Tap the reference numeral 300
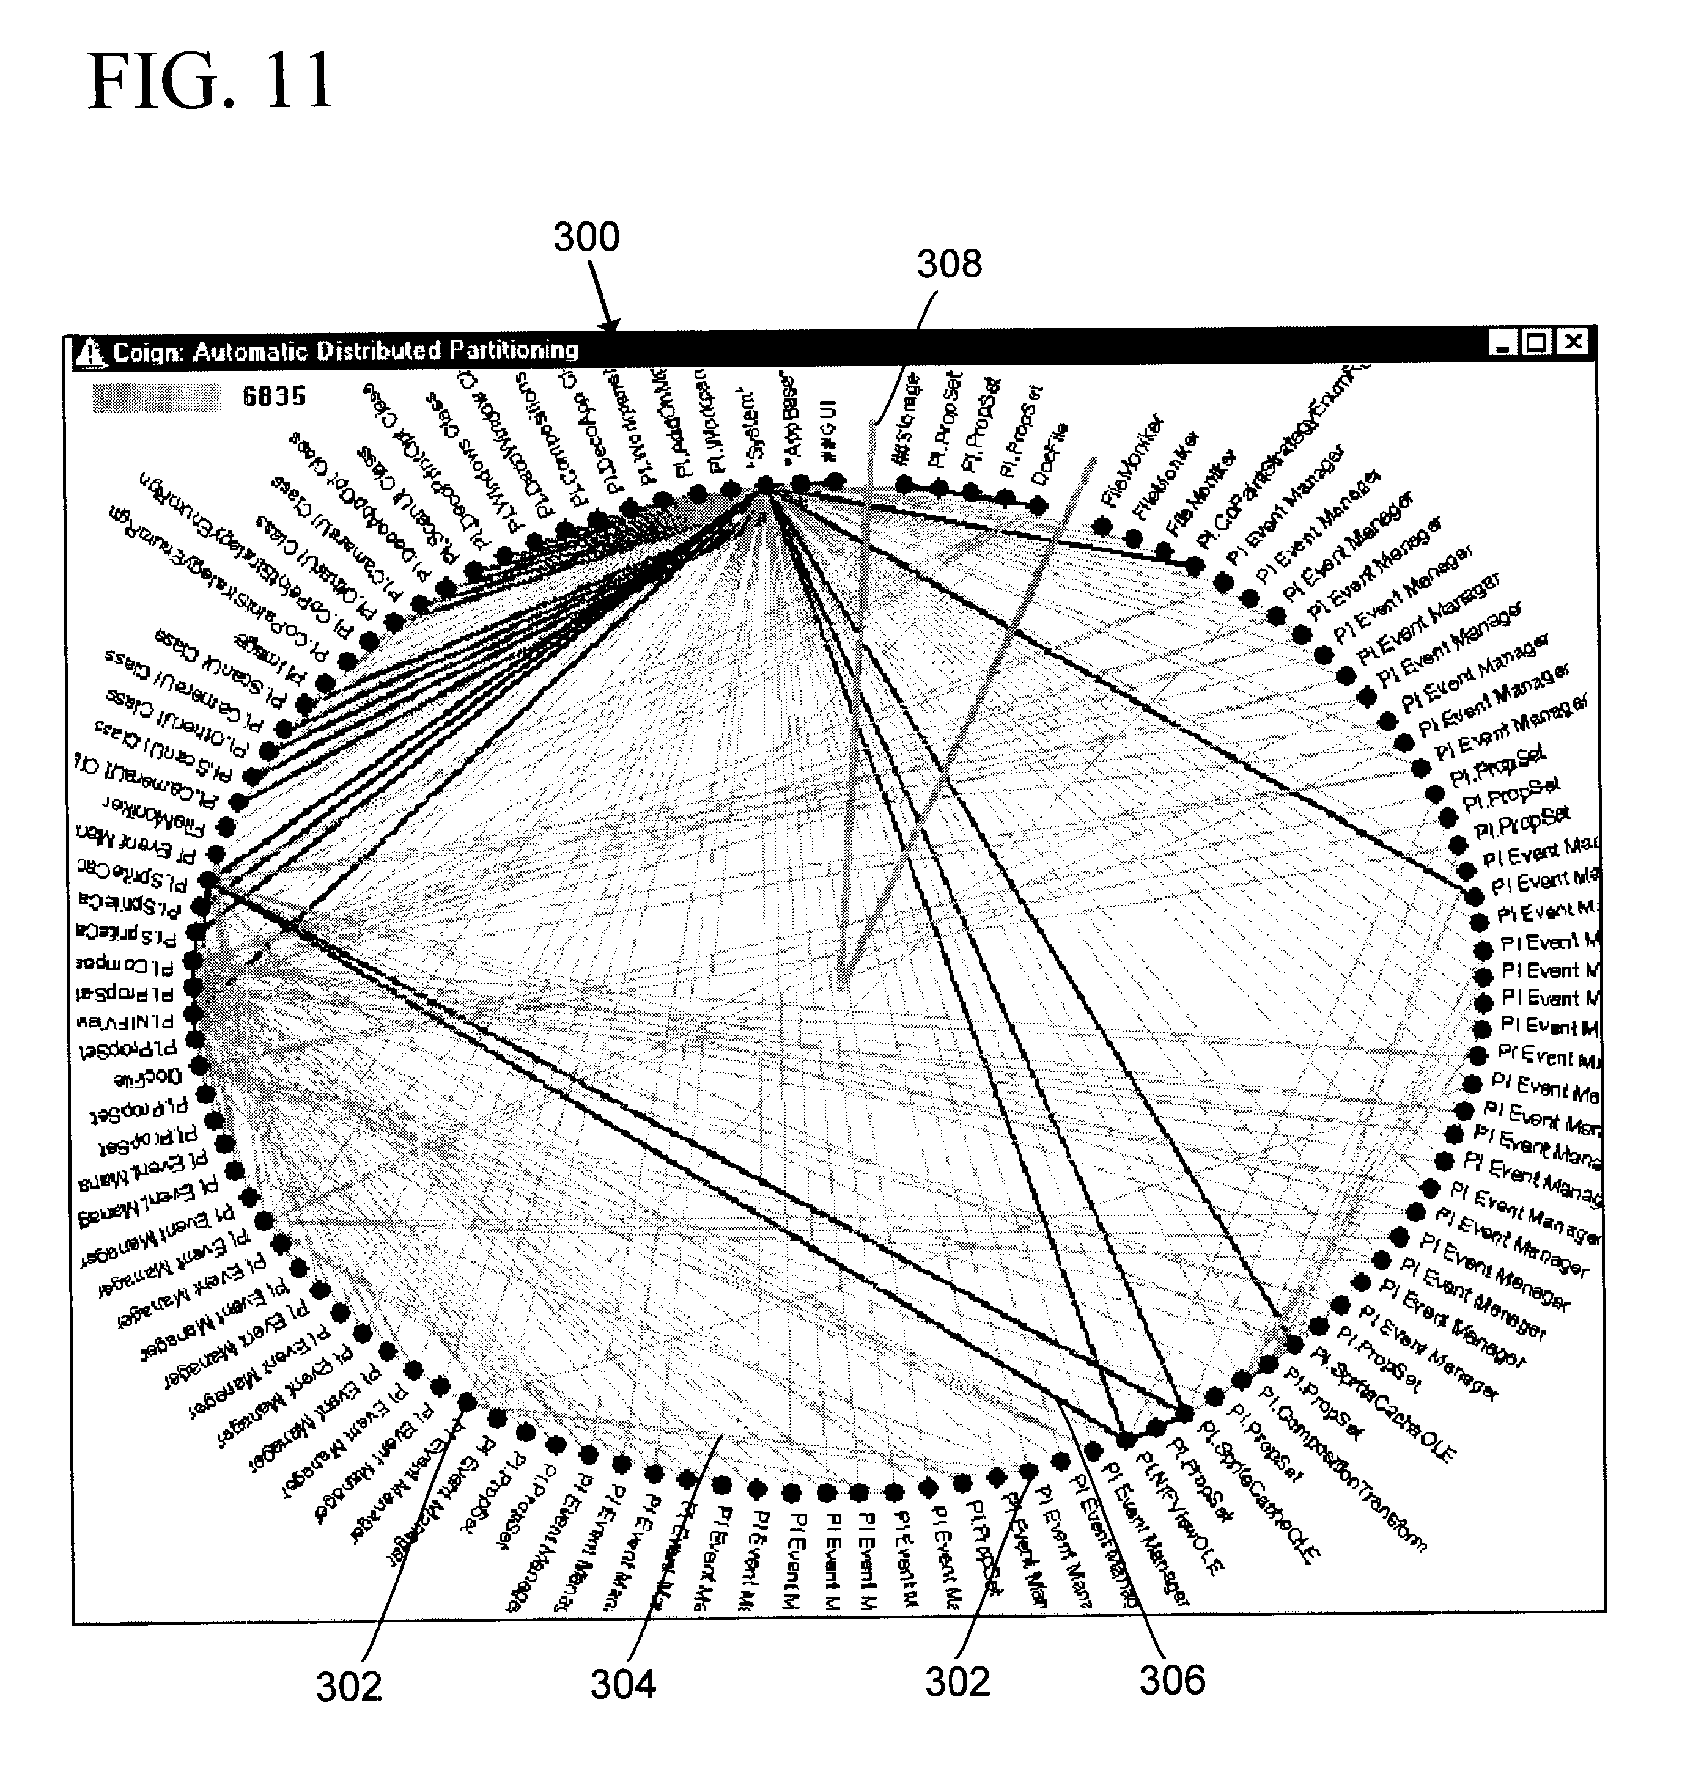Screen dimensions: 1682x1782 [586, 238]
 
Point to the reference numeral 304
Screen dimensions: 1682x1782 [622, 1684]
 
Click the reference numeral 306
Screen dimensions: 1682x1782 [1172, 1680]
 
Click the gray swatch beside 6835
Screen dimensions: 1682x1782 [157, 397]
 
